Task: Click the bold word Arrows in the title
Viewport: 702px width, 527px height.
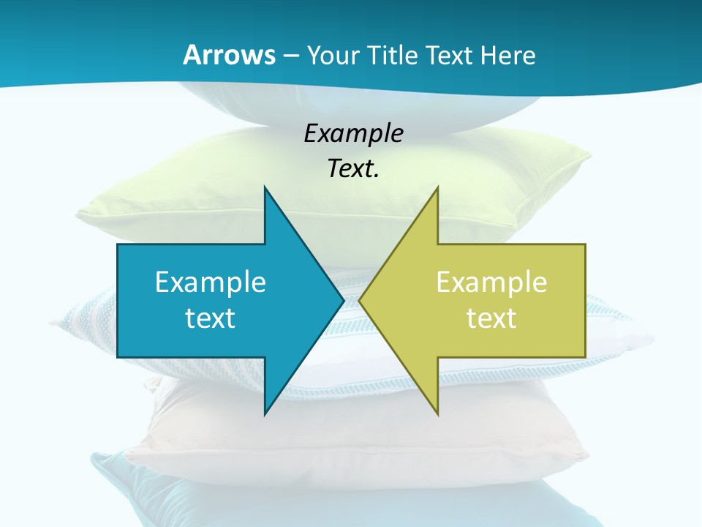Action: [229, 55]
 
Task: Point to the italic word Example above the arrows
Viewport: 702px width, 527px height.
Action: [353, 134]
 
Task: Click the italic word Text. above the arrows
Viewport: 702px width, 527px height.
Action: [353, 169]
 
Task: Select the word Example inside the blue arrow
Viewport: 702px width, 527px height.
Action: [211, 283]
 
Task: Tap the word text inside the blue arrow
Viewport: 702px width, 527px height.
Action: [211, 318]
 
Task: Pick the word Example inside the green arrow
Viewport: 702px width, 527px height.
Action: [491, 283]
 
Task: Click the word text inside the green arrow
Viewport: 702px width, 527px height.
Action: [491, 318]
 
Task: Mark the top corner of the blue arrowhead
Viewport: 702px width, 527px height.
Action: [265, 187]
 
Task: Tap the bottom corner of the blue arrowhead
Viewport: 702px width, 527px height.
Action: [265, 414]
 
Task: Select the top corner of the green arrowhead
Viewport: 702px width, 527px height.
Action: [437, 187]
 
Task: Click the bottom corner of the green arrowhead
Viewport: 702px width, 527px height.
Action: [437, 414]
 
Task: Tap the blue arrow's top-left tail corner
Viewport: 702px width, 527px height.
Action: [118, 244]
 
